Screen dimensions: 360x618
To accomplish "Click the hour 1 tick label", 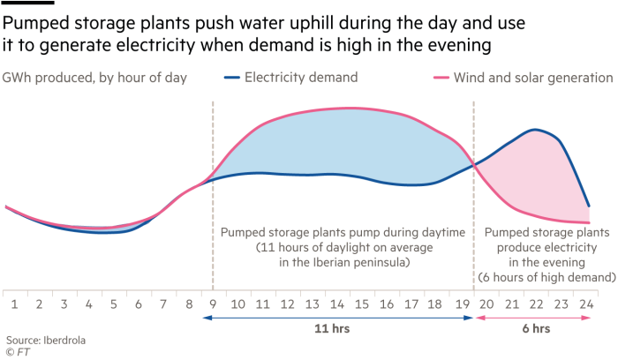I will pyautogui.click(x=15, y=303).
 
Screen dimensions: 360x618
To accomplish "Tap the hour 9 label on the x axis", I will pyautogui.click(x=213, y=303).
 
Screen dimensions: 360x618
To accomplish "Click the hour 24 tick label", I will pyautogui.click(x=584, y=303).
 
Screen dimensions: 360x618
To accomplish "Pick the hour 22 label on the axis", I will pyautogui.click(x=535, y=303).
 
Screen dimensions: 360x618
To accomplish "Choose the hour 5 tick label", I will pyautogui.click(x=114, y=303).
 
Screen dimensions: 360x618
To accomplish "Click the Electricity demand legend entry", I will pyautogui.click(x=300, y=78).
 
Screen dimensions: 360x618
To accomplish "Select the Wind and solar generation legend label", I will pyautogui.click(x=532, y=78).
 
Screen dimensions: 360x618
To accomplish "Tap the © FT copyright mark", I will pyautogui.click(x=18, y=351).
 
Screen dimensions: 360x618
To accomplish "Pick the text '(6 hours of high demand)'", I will pyautogui.click(x=546, y=276).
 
